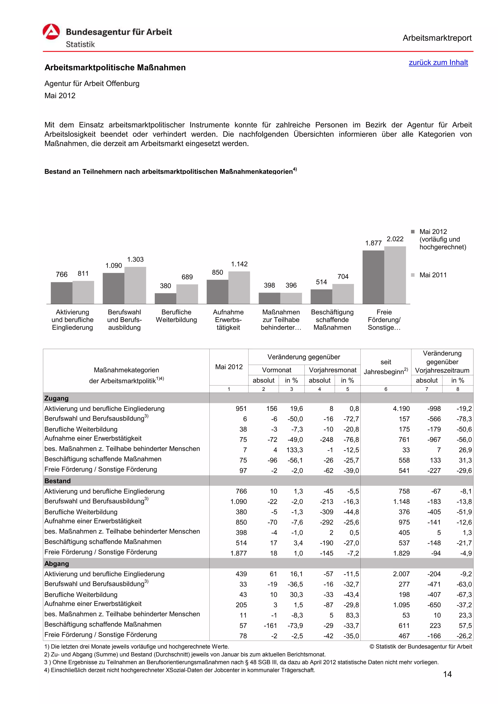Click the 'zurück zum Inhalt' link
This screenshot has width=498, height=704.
tap(438, 62)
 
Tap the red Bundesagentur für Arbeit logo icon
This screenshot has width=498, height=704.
tap(51, 32)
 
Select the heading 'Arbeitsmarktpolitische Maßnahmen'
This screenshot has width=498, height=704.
tap(115, 68)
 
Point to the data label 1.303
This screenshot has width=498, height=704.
tap(135, 259)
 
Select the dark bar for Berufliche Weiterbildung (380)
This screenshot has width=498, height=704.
tap(165, 298)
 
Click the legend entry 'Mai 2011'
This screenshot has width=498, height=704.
tap(433, 275)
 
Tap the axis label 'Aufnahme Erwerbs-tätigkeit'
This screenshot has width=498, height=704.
tap(228, 319)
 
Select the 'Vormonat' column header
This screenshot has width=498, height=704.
tap(276, 370)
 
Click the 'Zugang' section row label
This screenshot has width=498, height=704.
tap(56, 398)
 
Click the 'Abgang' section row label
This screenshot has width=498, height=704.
tap(56, 564)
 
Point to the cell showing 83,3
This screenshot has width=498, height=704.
tap(352, 615)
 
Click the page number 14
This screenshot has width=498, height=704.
tap(447, 674)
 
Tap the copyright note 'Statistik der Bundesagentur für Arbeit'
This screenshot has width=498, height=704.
tap(421, 647)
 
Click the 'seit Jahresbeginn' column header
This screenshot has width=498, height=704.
tap(386, 367)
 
